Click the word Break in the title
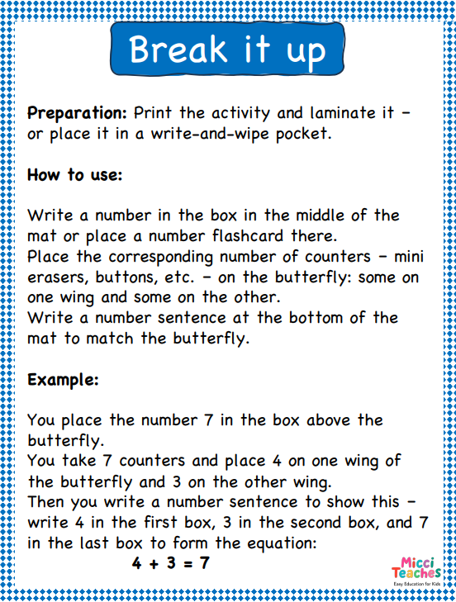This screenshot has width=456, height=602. click(178, 49)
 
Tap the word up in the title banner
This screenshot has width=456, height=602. click(306, 53)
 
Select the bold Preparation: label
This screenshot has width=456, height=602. click(77, 114)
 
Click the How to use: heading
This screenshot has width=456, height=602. click(74, 175)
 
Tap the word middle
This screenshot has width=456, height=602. click(320, 215)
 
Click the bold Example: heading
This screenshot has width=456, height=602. click(63, 380)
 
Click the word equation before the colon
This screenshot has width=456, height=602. click(281, 543)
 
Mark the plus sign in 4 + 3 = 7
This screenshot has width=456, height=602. click(154, 564)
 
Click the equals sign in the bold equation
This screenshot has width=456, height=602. click(188, 564)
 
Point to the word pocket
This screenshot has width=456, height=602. click(303, 134)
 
